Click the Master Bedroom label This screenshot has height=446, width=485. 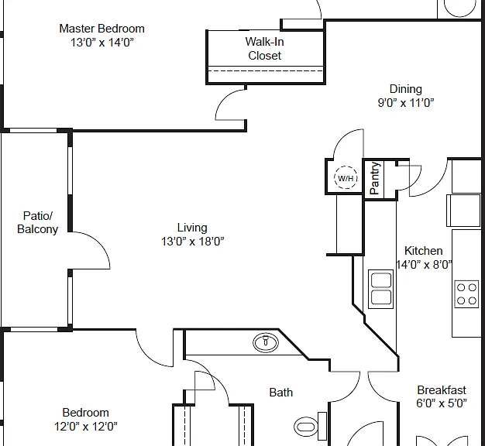pos(101,29)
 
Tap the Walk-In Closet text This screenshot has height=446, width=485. pos(264,49)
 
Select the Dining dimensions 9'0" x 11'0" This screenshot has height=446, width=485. pos(406,102)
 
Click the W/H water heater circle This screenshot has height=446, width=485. pos(346,178)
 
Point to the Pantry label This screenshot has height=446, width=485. pos(374,178)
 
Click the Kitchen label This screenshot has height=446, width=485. pos(424,250)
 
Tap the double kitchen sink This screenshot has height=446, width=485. pos(380,289)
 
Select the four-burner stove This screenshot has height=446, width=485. pos(466,294)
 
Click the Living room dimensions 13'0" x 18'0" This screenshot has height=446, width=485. pos(192,241)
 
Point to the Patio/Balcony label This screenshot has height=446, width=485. pos(37,222)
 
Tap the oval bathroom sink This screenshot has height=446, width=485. pos(266,342)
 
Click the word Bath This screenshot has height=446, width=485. pos(281,393)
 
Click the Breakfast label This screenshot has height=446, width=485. pos(442,390)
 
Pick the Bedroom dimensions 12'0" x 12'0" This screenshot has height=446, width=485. pos(86,427)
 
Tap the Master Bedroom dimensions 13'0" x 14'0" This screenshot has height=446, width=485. pos(102,42)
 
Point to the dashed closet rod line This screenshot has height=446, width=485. pos(266,70)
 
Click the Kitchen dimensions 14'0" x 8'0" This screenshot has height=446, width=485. pos(424,265)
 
